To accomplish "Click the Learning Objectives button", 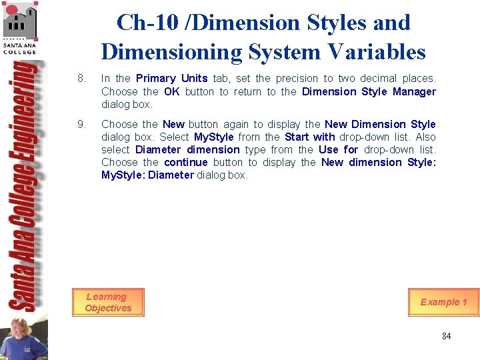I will [x=108, y=302].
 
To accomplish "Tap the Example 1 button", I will [x=443, y=302].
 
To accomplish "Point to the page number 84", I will [x=446, y=336].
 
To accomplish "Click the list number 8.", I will [x=81, y=79].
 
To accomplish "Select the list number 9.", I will [x=81, y=124].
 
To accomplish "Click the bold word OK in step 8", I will [x=172, y=91].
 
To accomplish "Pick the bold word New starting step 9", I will [x=173, y=124].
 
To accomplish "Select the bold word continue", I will [x=186, y=162].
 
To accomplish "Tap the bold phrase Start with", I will [x=310, y=137].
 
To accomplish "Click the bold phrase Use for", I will [x=339, y=149].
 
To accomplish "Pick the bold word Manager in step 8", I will [x=414, y=91].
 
